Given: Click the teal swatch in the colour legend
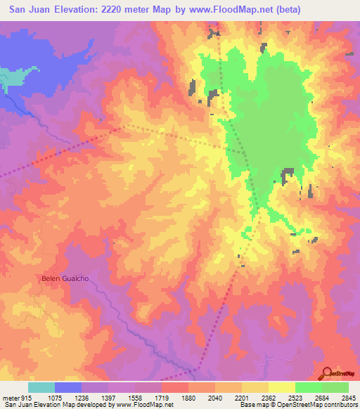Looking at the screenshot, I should (41, 387).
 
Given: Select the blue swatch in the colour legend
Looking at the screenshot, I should (68, 387).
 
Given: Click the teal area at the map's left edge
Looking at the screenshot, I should (7, 79).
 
